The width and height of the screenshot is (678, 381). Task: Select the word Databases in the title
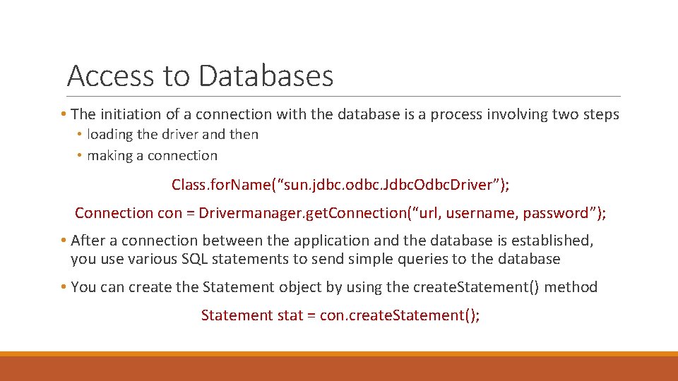[x=266, y=75]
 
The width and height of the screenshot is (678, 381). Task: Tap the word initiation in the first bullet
[x=130, y=114]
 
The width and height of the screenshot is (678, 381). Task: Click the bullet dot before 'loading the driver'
[x=81, y=135]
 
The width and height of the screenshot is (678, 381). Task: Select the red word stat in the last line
[x=290, y=315]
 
